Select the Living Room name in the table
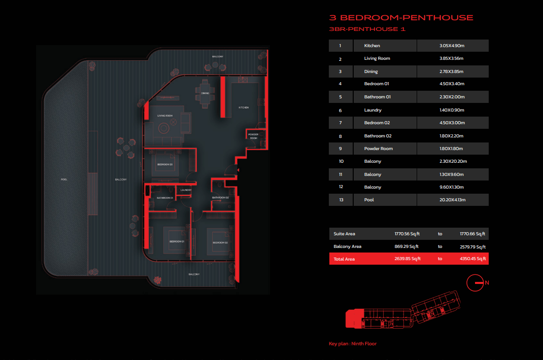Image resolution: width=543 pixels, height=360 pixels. [377, 59]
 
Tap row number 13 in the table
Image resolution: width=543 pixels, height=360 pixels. [340, 200]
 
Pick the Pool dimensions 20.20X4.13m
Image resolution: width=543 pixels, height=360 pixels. [453, 200]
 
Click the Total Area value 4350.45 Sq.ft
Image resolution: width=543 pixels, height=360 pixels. [472, 259]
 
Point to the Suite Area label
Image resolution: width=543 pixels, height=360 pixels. [345, 234]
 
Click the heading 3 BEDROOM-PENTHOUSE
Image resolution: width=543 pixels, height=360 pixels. [401, 18]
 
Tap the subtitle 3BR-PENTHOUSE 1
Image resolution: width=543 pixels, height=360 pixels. [367, 29]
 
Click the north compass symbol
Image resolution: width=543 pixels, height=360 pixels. [476, 283]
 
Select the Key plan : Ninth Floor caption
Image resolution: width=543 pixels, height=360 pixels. [353, 344]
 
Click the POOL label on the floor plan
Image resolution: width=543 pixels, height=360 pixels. [64, 179]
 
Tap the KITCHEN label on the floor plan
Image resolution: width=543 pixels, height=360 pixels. [244, 107]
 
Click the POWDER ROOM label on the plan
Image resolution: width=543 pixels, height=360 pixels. [254, 136]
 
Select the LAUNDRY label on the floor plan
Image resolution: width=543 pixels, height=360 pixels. [186, 190]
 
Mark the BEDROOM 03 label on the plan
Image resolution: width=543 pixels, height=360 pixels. [165, 164]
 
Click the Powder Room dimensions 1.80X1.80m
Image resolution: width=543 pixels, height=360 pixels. [453, 149]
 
